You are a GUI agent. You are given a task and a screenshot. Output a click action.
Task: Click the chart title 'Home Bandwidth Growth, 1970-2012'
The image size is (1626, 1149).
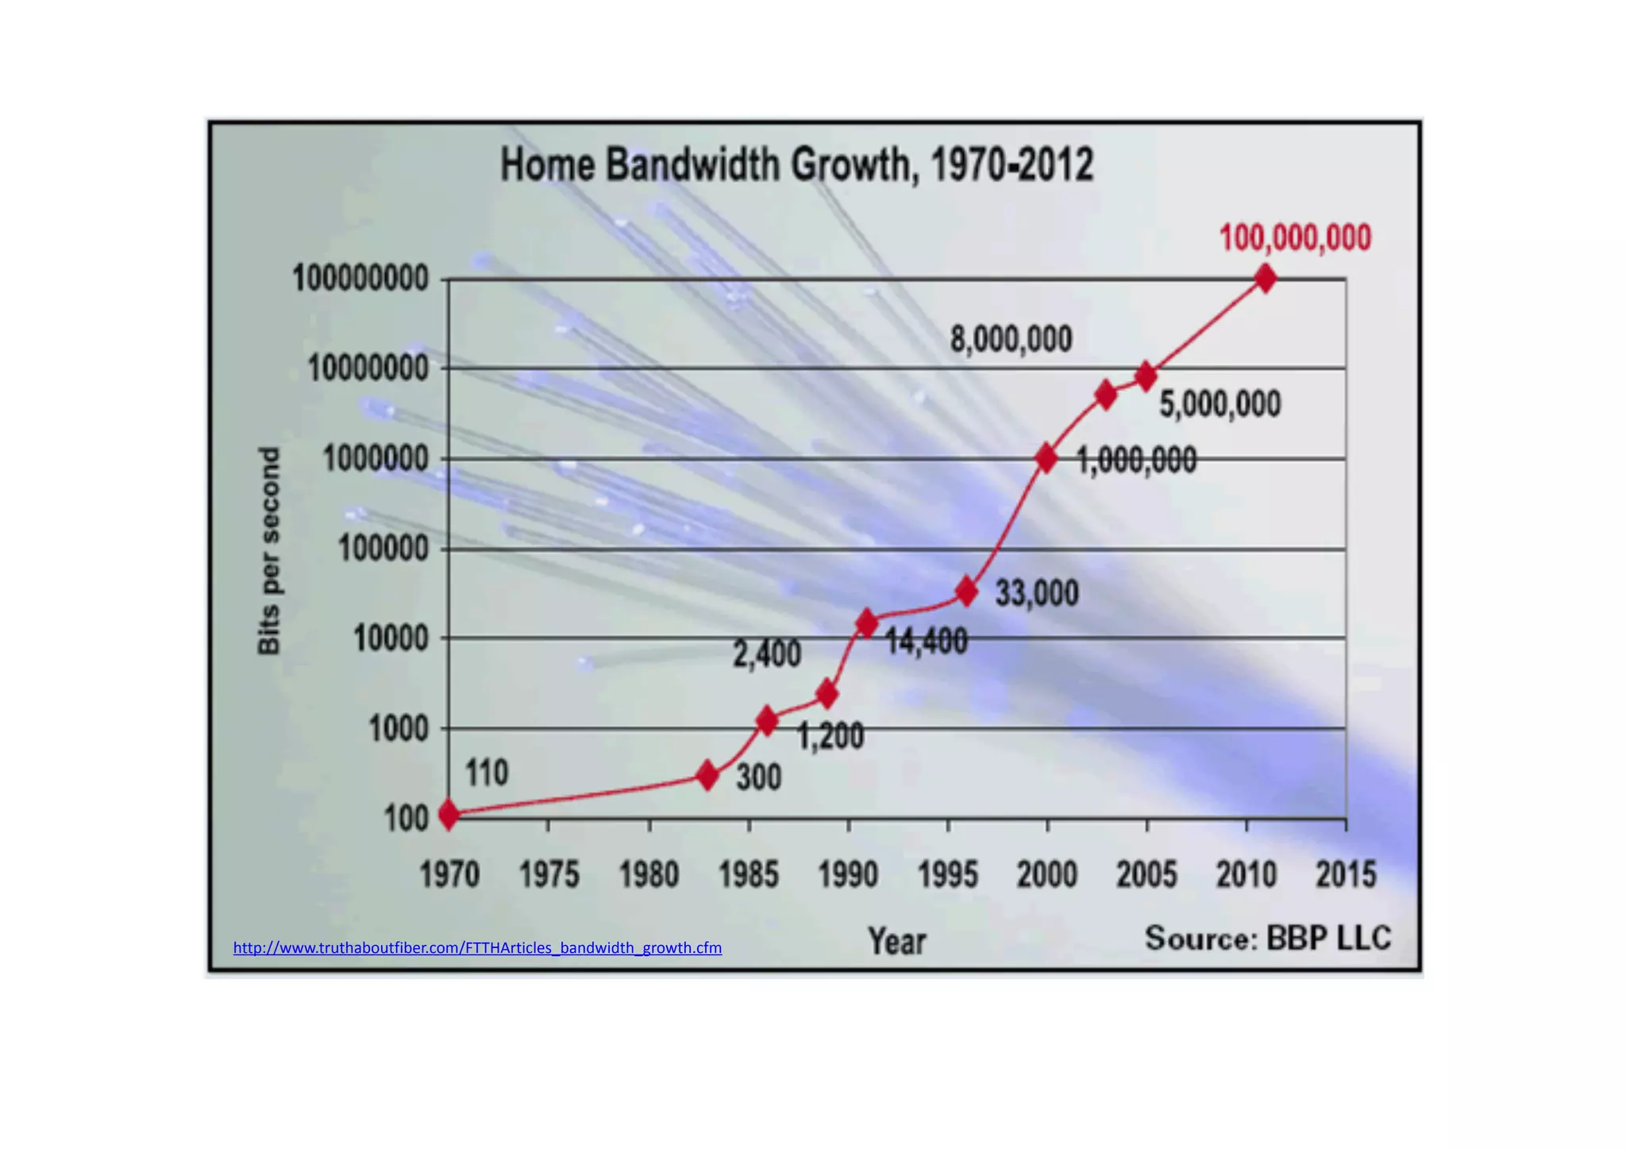point(796,165)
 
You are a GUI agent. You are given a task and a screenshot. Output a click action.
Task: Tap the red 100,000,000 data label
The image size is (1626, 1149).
point(1294,237)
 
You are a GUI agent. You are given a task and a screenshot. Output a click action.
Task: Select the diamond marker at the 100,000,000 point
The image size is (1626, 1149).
point(1266,279)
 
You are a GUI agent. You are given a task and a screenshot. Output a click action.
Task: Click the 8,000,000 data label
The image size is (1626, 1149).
point(1011,340)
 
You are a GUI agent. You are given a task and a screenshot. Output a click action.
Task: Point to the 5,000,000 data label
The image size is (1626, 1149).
point(1219,404)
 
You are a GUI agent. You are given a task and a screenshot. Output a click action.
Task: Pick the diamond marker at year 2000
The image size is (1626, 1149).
point(1046,458)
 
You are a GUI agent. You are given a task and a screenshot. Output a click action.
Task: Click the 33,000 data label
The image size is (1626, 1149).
point(1036,593)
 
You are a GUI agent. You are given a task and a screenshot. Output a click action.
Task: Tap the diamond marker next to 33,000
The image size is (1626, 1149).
point(966,592)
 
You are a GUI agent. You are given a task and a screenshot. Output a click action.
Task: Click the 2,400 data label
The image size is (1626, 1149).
point(766,654)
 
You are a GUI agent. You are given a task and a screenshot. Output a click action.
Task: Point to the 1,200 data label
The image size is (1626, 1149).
point(830,737)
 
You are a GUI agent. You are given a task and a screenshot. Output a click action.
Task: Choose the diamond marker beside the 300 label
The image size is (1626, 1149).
point(707,776)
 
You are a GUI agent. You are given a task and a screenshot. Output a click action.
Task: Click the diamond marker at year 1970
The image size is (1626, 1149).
point(449,814)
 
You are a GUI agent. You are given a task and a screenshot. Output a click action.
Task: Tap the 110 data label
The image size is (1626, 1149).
point(486,773)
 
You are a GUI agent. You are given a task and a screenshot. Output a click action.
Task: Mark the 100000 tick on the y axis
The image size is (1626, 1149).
point(383,549)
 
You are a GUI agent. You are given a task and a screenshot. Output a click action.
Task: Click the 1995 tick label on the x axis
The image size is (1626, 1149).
point(947,875)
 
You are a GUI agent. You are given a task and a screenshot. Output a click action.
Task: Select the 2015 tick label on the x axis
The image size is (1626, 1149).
point(1346,875)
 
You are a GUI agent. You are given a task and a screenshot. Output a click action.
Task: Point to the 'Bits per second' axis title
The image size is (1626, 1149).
point(269,550)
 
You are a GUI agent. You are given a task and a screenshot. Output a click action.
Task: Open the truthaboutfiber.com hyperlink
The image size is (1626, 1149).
point(477,947)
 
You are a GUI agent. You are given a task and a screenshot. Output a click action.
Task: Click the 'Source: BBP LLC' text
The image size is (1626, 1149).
point(1267,939)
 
